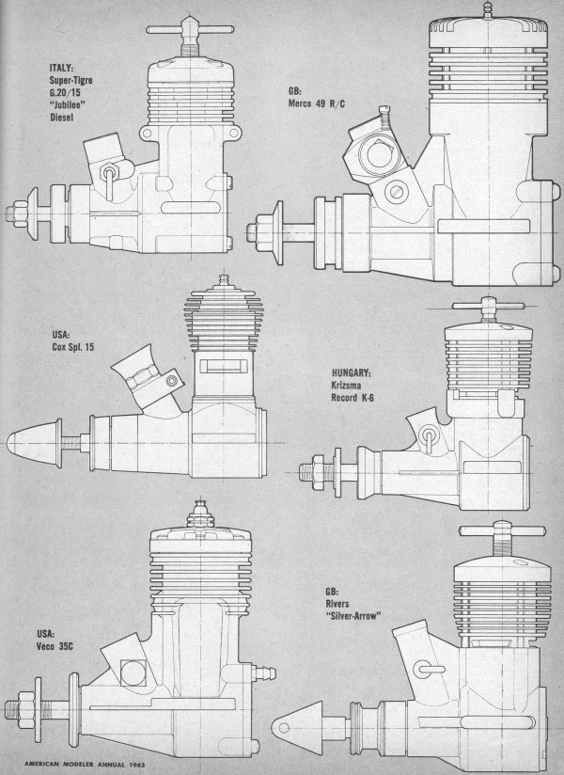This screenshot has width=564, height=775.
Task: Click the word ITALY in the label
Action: pos(61,68)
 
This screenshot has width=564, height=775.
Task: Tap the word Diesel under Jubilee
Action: pos(62,118)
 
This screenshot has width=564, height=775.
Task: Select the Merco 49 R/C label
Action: pos(317,103)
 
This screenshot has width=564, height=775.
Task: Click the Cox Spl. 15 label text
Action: pos(72,347)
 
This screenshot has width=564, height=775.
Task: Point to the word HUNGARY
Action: pos(352,372)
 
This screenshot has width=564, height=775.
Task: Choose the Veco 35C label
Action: pos(55,646)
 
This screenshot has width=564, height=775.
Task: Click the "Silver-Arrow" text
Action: pos(353,616)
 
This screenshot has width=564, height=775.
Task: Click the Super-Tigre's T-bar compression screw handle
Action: pos(190,30)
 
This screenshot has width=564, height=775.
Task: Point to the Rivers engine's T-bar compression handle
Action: pos(503,530)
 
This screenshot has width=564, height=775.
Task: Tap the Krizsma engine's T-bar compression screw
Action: pos(489,307)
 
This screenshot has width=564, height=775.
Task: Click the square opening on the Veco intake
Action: pos(133,673)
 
